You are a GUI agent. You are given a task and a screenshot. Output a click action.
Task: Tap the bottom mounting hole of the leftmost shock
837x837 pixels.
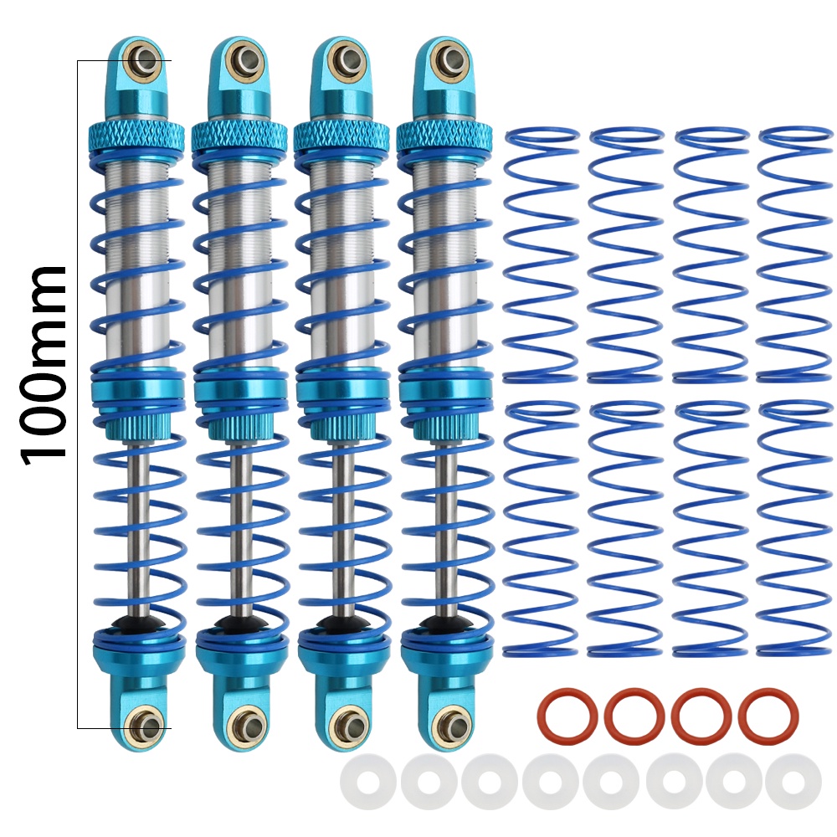pos(146,726)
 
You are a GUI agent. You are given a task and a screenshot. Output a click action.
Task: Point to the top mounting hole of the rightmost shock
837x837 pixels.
pos(448,58)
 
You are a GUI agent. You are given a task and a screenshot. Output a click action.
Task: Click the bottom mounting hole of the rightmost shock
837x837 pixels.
pos(451,724)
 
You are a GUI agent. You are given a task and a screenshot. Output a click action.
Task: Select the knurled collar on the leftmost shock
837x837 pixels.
pos(137,136)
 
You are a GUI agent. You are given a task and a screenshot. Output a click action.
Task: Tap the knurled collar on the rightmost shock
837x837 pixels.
pos(444,135)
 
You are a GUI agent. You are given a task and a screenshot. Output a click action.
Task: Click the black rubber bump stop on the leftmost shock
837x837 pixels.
pos(141,622)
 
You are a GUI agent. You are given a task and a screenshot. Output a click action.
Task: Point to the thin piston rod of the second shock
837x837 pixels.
pos(242,528)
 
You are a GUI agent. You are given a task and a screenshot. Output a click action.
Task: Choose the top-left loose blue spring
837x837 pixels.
pos(542,255)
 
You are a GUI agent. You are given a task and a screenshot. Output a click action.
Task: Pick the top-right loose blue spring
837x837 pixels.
pos(795,255)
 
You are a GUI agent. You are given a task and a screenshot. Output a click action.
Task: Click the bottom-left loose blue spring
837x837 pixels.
pos(542,528)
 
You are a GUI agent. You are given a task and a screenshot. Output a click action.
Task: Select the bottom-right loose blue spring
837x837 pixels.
pos(795,528)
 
